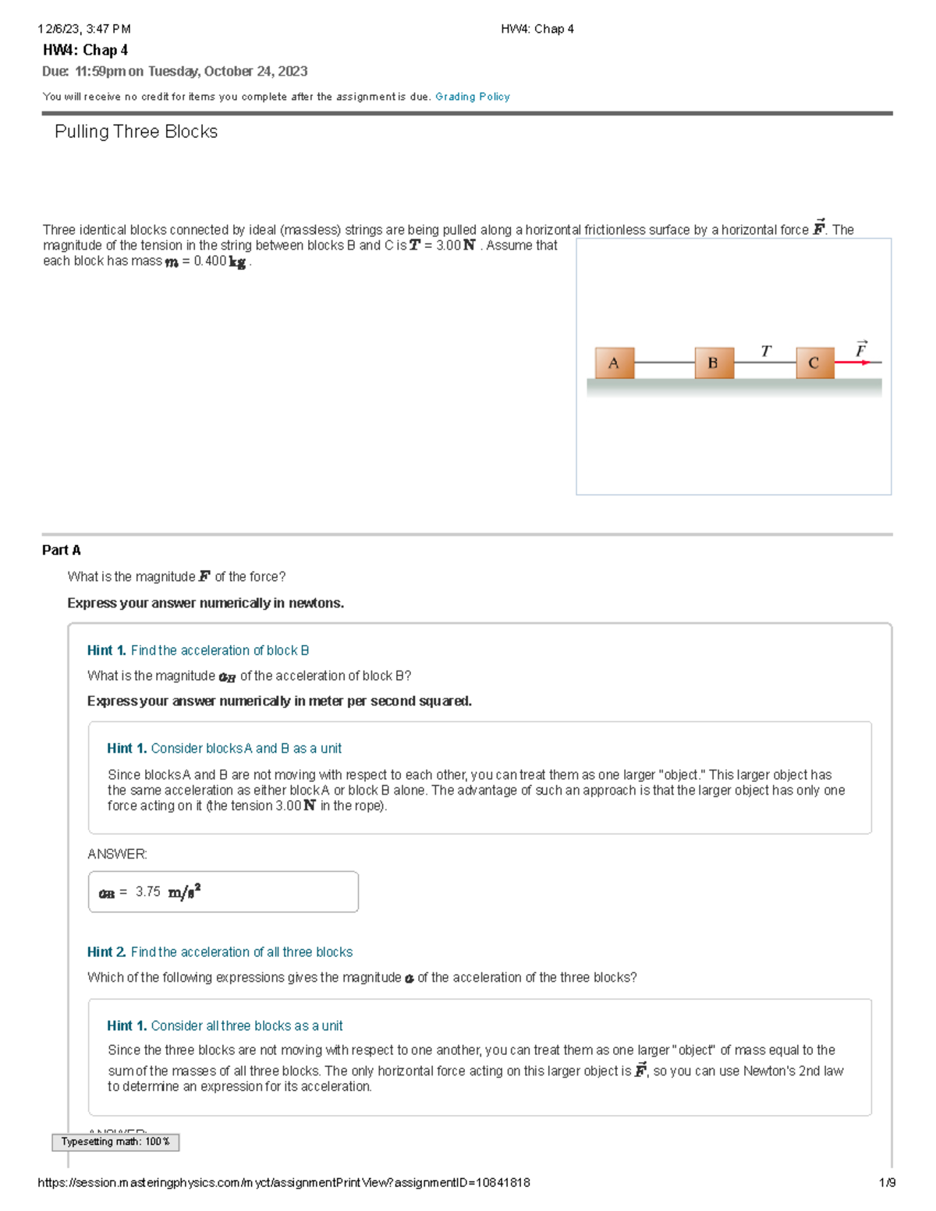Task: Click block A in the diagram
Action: pos(614,363)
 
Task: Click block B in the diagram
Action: pos(714,363)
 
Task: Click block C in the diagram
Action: pos(814,363)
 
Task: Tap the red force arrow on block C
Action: pos(853,363)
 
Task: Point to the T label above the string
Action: pos(766,351)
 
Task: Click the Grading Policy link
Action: pos(472,97)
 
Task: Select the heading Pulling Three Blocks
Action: pos(136,132)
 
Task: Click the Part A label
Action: pos(61,550)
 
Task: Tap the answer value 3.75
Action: pos(147,891)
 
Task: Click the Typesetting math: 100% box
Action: pos(115,1142)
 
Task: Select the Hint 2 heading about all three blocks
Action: pos(220,952)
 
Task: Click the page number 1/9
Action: pos(887,1182)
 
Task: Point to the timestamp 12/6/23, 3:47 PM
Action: pos(84,29)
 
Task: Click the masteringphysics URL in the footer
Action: pos(284,1182)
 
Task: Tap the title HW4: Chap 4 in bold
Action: pos(85,50)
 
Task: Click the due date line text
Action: pos(175,71)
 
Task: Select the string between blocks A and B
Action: pos(664,363)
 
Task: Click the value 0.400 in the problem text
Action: pos(210,261)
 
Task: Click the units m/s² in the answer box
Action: pos(185,891)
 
